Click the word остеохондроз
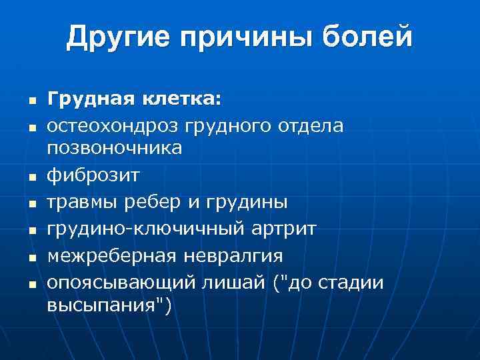[x=114, y=125]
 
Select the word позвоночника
[x=114, y=148]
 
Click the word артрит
[x=285, y=228]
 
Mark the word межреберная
[x=109, y=255]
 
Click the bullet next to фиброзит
[x=31, y=177]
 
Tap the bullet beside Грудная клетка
[x=31, y=101]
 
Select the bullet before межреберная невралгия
[x=31, y=257]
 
